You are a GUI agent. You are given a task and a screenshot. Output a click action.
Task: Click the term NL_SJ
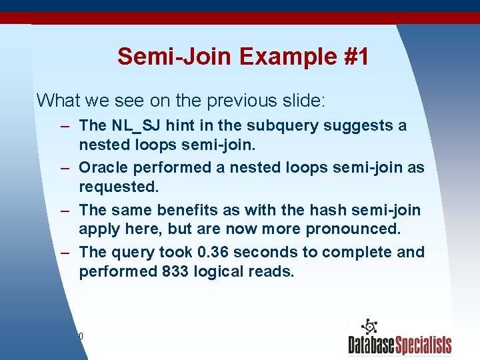click(135, 125)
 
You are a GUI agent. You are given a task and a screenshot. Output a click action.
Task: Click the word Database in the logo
click(371, 345)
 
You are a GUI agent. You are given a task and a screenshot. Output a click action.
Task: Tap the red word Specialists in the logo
click(423, 345)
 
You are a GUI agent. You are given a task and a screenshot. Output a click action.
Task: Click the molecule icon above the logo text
click(369, 327)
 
